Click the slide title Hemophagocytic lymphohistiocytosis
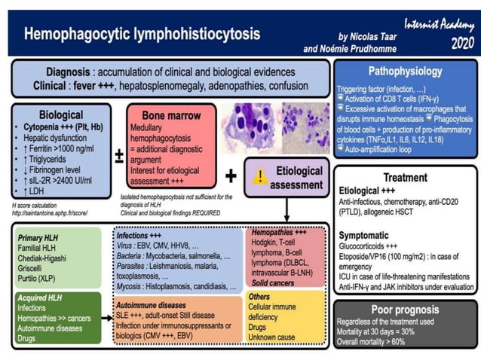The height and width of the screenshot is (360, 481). [x=142, y=35]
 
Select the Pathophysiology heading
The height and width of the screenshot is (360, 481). [x=405, y=72]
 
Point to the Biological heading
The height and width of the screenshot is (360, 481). [x=63, y=115]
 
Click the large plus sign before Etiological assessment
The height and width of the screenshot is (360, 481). [x=231, y=176]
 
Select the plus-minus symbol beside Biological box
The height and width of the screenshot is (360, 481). [x=118, y=157]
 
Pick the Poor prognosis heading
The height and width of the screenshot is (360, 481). [x=405, y=310]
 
